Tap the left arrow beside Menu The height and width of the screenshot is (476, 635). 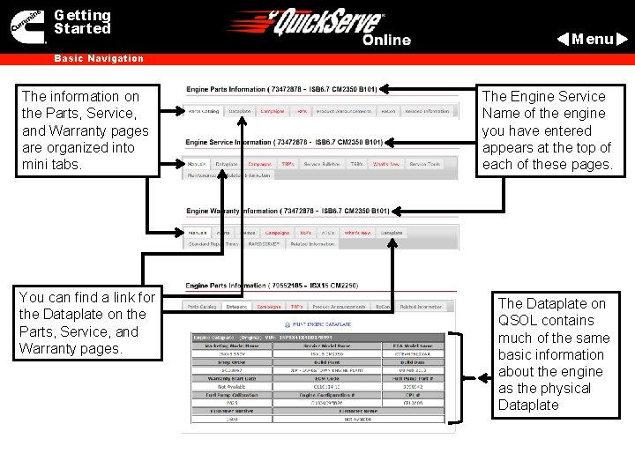tap(563, 39)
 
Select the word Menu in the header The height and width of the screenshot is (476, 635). tap(592, 39)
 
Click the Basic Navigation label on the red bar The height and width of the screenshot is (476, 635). tap(99, 59)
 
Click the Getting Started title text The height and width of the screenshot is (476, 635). tap(82, 22)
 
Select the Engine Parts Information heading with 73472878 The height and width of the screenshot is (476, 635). tap(281, 89)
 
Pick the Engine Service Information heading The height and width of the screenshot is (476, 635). tap(284, 142)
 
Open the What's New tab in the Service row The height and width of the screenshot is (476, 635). tap(386, 165)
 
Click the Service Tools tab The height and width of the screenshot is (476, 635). tap(425, 165)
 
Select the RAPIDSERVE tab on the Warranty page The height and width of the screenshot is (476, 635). tap(264, 244)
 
